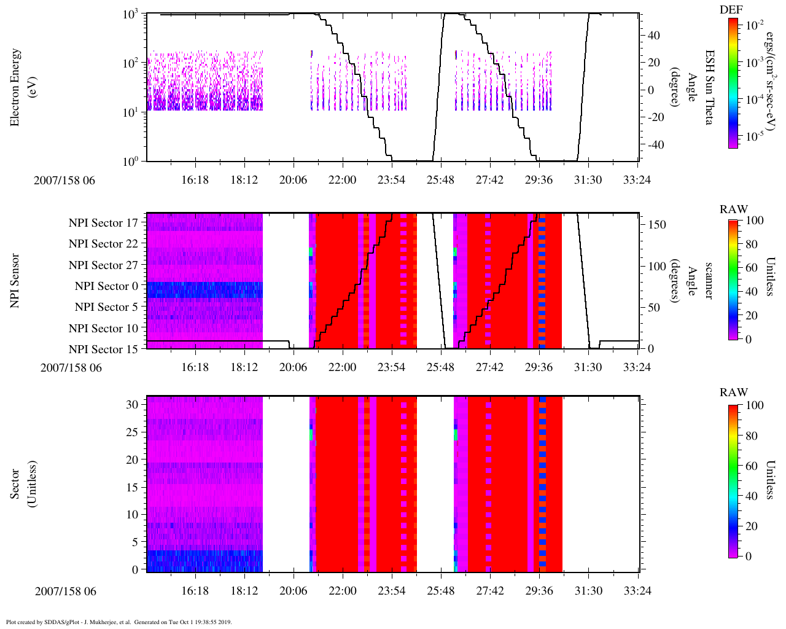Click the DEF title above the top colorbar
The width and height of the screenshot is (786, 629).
click(x=731, y=9)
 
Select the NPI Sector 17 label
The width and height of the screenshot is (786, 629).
click(x=103, y=223)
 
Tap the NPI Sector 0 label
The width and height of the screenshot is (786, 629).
click(x=106, y=286)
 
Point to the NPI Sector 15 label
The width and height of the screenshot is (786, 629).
click(x=103, y=350)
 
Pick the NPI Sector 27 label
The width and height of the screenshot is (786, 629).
click(x=103, y=265)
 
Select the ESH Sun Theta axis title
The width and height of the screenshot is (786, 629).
click(x=709, y=87)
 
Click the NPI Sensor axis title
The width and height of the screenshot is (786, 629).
click(x=15, y=281)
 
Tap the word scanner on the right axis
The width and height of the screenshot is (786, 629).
click(x=709, y=281)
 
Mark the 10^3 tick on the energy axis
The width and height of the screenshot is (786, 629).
click(x=131, y=15)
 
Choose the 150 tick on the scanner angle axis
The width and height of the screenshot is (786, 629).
click(x=657, y=225)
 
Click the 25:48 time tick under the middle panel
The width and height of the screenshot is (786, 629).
click(x=441, y=367)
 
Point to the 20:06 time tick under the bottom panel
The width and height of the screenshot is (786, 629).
click(x=294, y=591)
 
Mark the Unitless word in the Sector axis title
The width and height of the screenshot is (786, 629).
click(x=31, y=483)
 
